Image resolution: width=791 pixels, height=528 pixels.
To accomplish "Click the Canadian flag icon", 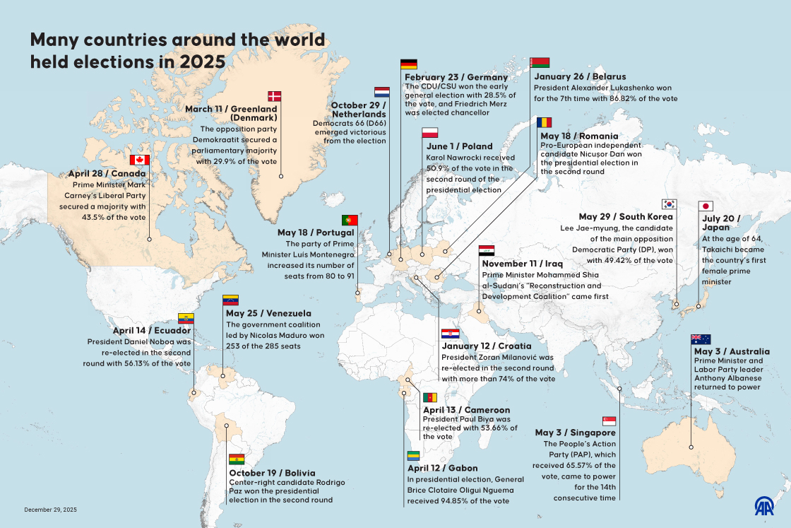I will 140,160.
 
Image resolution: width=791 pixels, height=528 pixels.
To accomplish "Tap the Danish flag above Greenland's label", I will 274,96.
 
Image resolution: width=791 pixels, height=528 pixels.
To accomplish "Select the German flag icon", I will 408,64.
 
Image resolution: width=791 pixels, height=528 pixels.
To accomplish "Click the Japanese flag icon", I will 705,206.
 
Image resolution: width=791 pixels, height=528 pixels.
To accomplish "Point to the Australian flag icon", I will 701,339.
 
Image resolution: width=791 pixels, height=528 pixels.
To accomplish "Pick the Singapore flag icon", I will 609,421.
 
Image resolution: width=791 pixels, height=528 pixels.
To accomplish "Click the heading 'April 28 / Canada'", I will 107,173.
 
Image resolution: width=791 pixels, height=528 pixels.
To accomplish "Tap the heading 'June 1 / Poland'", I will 459,146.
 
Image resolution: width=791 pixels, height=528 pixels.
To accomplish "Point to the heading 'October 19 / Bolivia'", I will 272,472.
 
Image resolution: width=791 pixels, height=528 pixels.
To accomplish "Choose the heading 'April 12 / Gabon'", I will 443,468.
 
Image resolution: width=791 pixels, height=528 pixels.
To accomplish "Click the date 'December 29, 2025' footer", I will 50,510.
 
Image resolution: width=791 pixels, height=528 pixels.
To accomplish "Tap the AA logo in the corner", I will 764,506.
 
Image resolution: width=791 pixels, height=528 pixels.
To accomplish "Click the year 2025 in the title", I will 202,61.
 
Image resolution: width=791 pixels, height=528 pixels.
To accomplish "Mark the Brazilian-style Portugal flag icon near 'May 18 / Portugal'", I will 349,220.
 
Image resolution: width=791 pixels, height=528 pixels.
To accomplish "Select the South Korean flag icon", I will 670,204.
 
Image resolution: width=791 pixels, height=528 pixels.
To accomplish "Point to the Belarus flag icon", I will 540,62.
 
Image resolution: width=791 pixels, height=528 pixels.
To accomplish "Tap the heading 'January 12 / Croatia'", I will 487,346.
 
